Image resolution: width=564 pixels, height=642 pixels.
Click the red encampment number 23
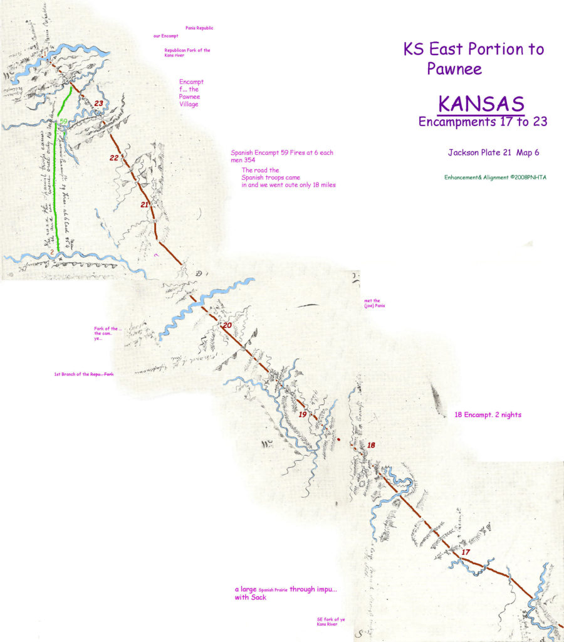pyautogui.click(x=98, y=103)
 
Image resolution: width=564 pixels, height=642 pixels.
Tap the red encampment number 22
pyautogui.click(x=114, y=158)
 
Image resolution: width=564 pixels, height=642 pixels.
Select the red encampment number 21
pyautogui.click(x=145, y=205)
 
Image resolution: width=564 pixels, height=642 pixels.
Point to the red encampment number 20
pyautogui.click(x=227, y=325)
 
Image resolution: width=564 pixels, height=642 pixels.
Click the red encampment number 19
pyautogui.click(x=302, y=415)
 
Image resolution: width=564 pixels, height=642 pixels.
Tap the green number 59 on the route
pyautogui.click(x=63, y=121)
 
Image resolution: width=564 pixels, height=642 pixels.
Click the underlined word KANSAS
pyautogui.click(x=481, y=103)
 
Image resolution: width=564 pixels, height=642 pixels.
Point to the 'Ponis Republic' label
pyautogui.click(x=200, y=29)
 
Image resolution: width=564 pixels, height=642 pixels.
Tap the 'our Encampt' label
pyautogui.click(x=165, y=36)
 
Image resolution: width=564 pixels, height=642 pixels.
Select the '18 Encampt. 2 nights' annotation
pyautogui.click(x=488, y=415)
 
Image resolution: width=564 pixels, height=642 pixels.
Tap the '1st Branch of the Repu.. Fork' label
pyautogui.click(x=85, y=374)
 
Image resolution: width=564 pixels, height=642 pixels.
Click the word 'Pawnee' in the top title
pyautogui.click(x=454, y=68)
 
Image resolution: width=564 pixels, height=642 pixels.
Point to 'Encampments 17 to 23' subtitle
pyautogui.click(x=483, y=122)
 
